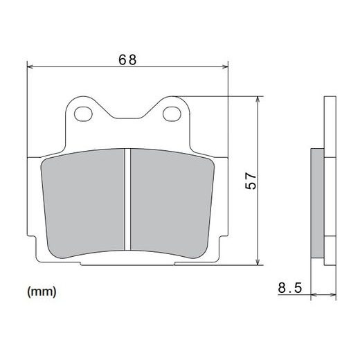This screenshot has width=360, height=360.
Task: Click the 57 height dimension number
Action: pos(251,181)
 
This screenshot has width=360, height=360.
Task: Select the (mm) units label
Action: pos(42,291)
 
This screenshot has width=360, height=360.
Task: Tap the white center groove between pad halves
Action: pos(128,201)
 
